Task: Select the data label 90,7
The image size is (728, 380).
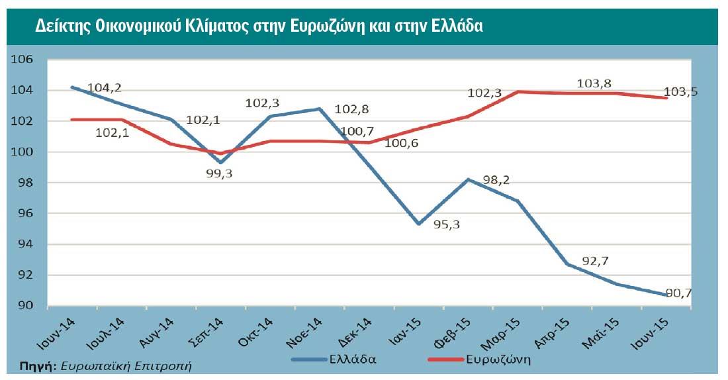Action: coord(676,292)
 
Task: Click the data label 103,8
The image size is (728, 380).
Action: coord(594,83)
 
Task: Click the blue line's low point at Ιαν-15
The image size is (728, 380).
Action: coord(419,224)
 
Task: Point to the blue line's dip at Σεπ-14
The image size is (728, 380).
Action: coord(220,162)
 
